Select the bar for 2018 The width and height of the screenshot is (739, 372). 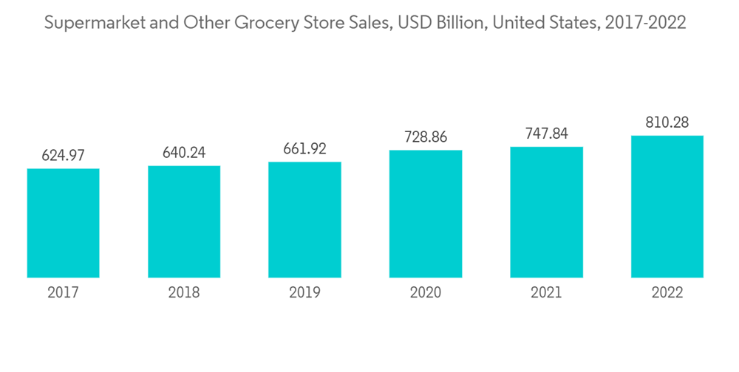pos(184,221)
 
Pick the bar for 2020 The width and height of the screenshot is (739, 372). pos(426,214)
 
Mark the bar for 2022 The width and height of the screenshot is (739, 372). pos(667,207)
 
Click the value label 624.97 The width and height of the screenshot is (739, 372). pos(63,156)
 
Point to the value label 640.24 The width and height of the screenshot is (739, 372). pos(184,153)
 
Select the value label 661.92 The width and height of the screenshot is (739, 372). pos(304,149)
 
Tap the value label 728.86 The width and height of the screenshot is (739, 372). pos(426,137)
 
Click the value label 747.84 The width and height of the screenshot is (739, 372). pos(546,134)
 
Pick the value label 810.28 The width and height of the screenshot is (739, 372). pos(667,123)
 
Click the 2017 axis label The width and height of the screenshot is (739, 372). pos(63,293)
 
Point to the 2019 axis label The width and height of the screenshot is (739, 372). pos(304,293)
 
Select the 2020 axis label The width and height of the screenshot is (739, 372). pos(426,293)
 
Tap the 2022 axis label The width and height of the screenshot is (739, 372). pos(667,293)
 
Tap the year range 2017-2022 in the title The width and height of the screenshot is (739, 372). pos(645,24)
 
